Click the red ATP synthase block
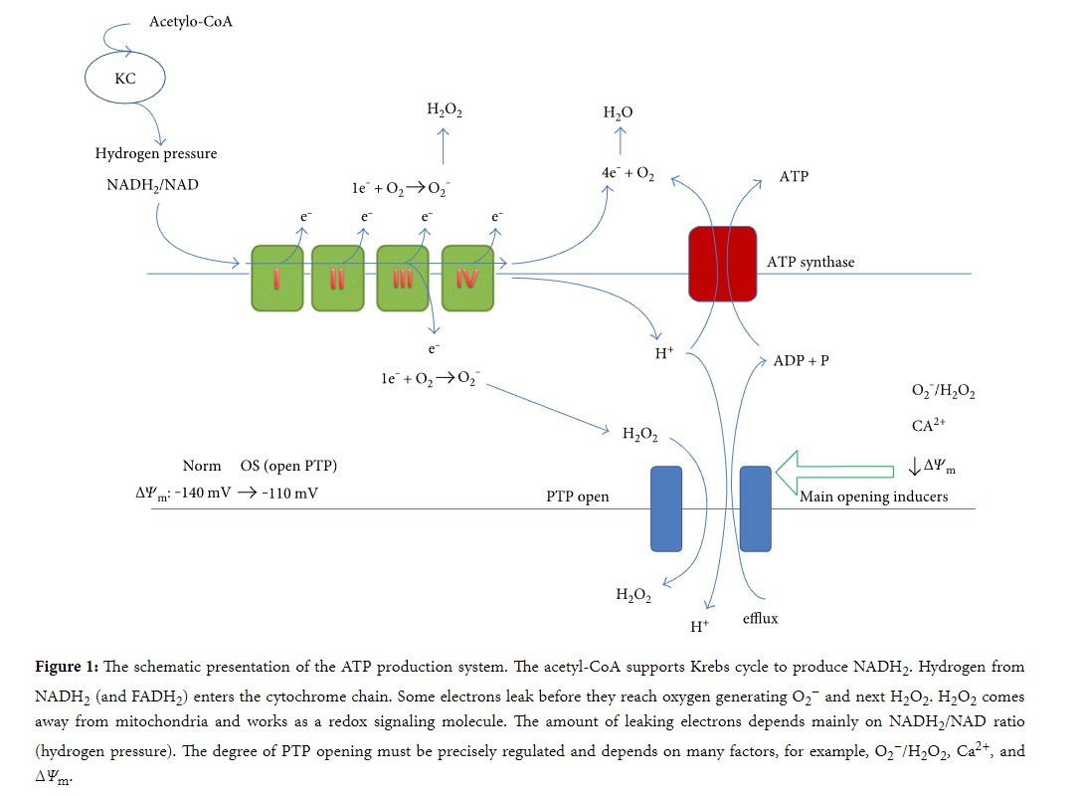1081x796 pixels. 723,263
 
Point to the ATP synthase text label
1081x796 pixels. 811,263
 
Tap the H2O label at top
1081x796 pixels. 618,113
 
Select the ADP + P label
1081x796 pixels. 801,360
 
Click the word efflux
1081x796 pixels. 761,619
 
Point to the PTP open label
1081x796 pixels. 577,497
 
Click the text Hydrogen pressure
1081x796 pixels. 156,154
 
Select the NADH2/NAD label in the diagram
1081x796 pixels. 152,185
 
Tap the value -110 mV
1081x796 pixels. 290,492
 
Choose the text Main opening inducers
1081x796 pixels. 874,496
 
